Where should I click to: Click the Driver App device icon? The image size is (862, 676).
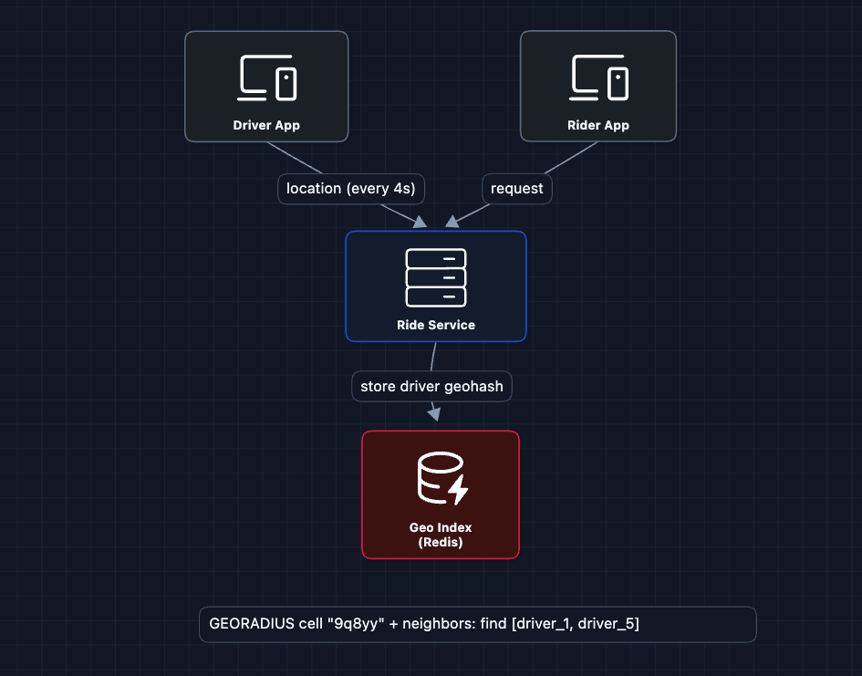[x=267, y=78]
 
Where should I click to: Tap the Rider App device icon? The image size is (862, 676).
[x=599, y=78]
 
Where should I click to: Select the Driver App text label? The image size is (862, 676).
[x=266, y=125]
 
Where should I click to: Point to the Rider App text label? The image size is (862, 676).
[x=598, y=125]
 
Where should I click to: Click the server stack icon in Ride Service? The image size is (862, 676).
[x=436, y=277]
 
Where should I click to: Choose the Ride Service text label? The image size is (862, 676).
[x=436, y=325]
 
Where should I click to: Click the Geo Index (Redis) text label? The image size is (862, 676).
[x=441, y=535]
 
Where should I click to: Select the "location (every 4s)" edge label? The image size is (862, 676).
[x=351, y=189]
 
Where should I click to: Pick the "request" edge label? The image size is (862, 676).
[x=517, y=189]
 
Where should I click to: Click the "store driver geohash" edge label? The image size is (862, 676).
[x=431, y=387]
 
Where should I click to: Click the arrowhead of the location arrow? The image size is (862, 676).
[x=420, y=222]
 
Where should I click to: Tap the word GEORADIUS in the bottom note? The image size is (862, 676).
[x=248, y=625]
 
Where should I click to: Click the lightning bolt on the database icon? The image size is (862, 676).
[x=458, y=491]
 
